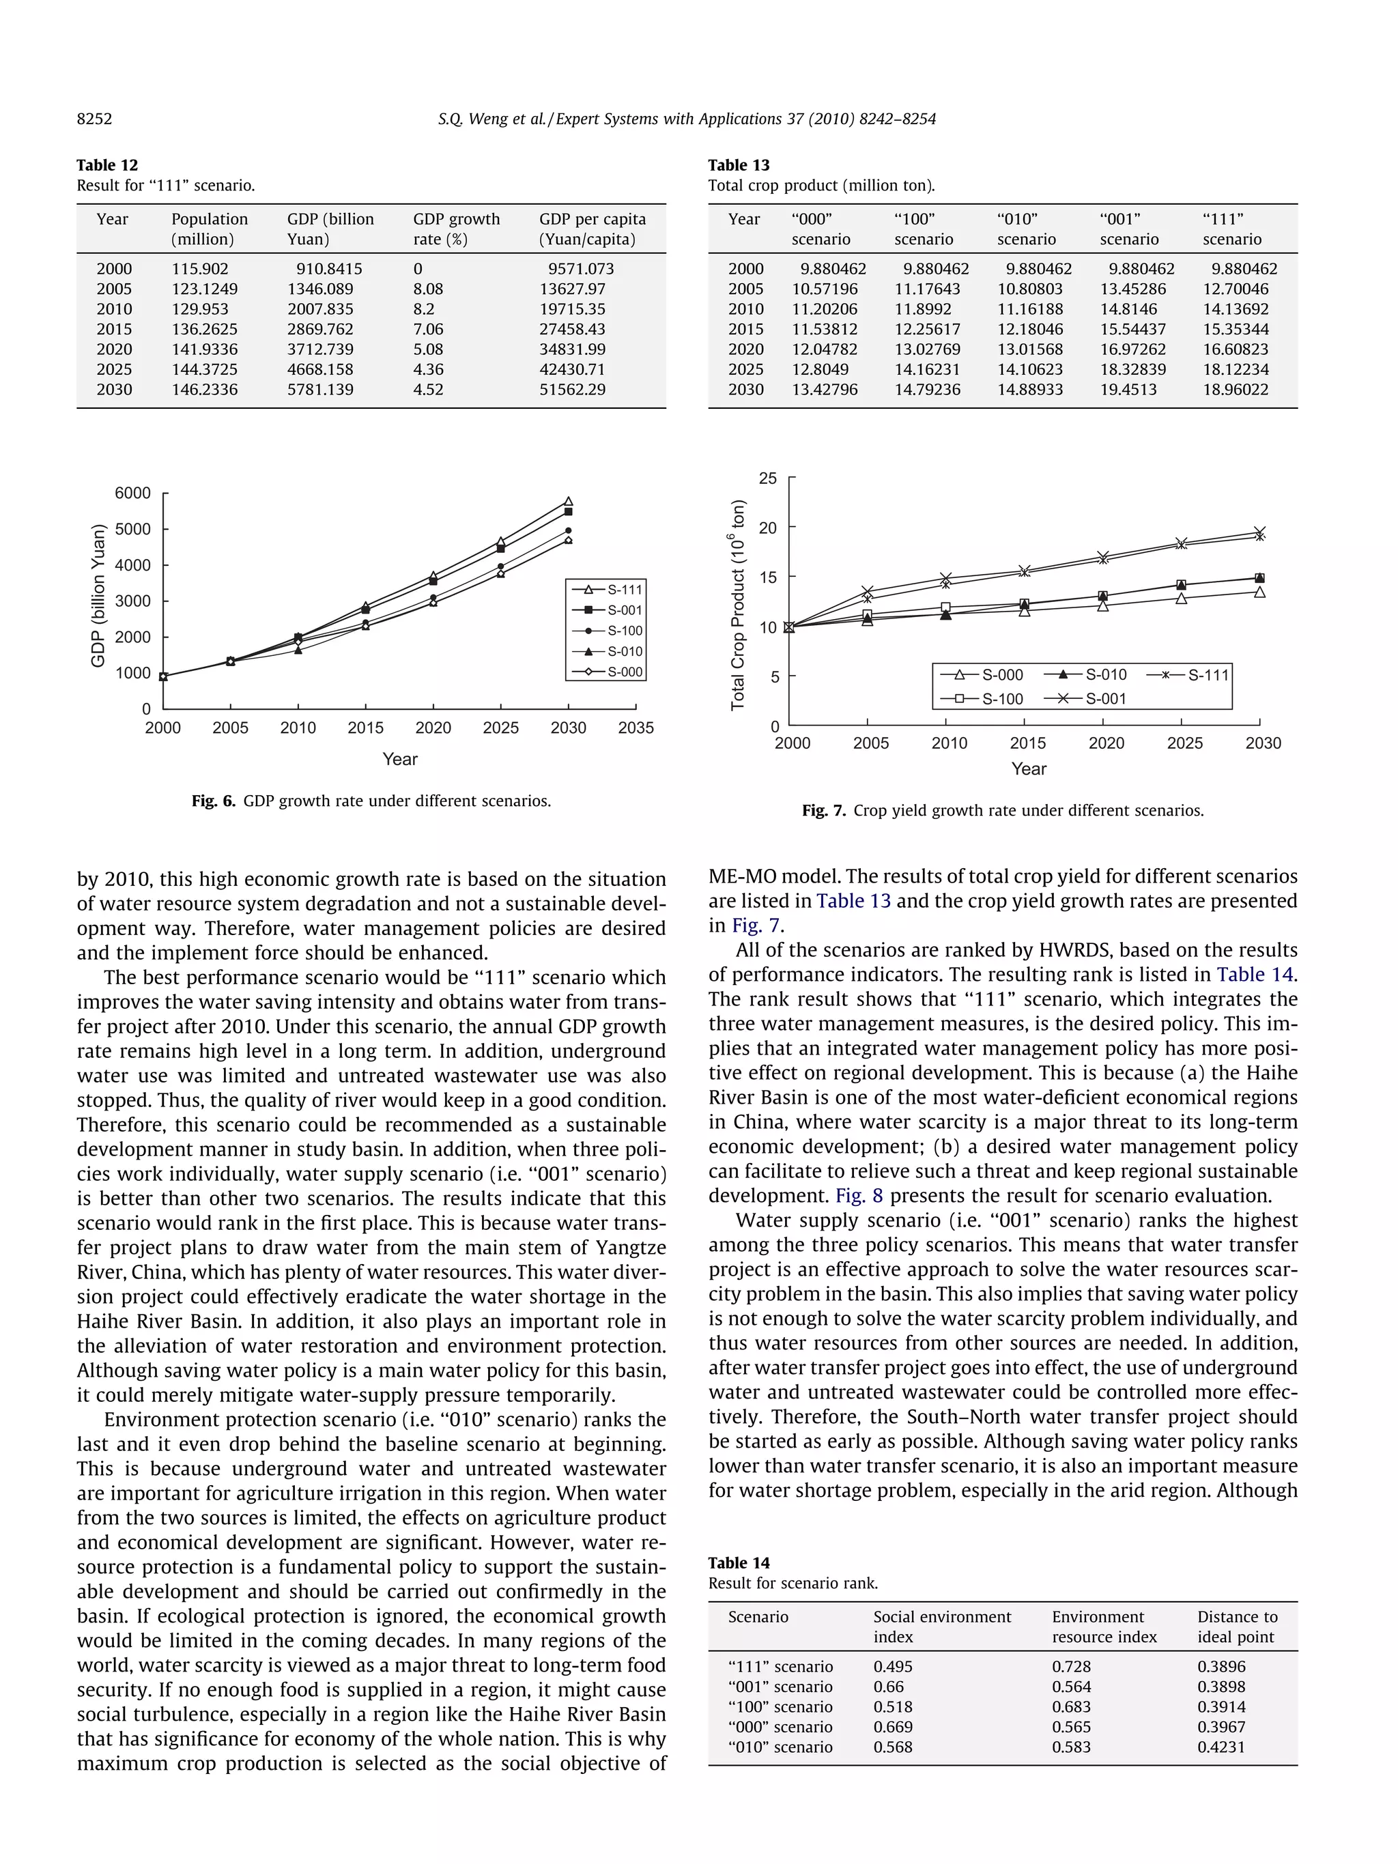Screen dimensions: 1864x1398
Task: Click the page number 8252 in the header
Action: click(94, 119)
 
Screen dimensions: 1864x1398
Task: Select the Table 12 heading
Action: click(107, 165)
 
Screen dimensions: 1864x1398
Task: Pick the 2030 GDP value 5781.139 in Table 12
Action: click(320, 389)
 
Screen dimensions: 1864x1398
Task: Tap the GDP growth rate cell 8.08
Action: click(428, 289)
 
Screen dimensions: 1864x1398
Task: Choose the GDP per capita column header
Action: click(592, 229)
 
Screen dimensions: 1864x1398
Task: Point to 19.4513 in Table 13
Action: click(1128, 389)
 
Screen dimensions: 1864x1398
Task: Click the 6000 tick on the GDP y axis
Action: click(132, 493)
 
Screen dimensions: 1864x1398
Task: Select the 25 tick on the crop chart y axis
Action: click(768, 478)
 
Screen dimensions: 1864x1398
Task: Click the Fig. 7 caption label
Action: click(823, 811)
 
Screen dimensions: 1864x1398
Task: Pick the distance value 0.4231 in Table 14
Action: click(1221, 1747)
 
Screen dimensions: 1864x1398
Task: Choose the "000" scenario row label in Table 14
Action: click(780, 1727)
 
